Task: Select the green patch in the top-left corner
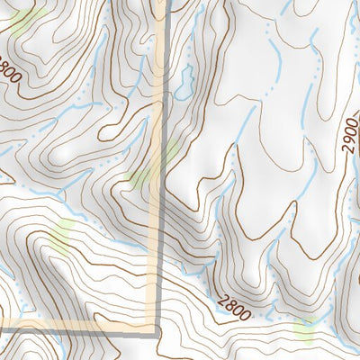[x=27, y=16]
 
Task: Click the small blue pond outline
[x=184, y=84]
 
